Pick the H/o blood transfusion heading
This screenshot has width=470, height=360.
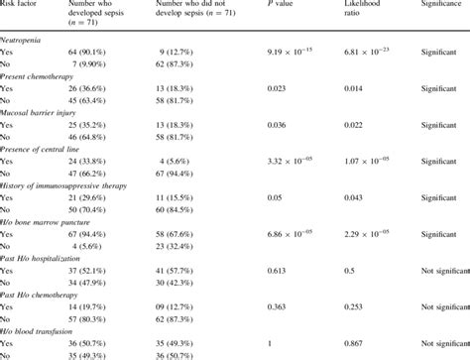tap(41, 330)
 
